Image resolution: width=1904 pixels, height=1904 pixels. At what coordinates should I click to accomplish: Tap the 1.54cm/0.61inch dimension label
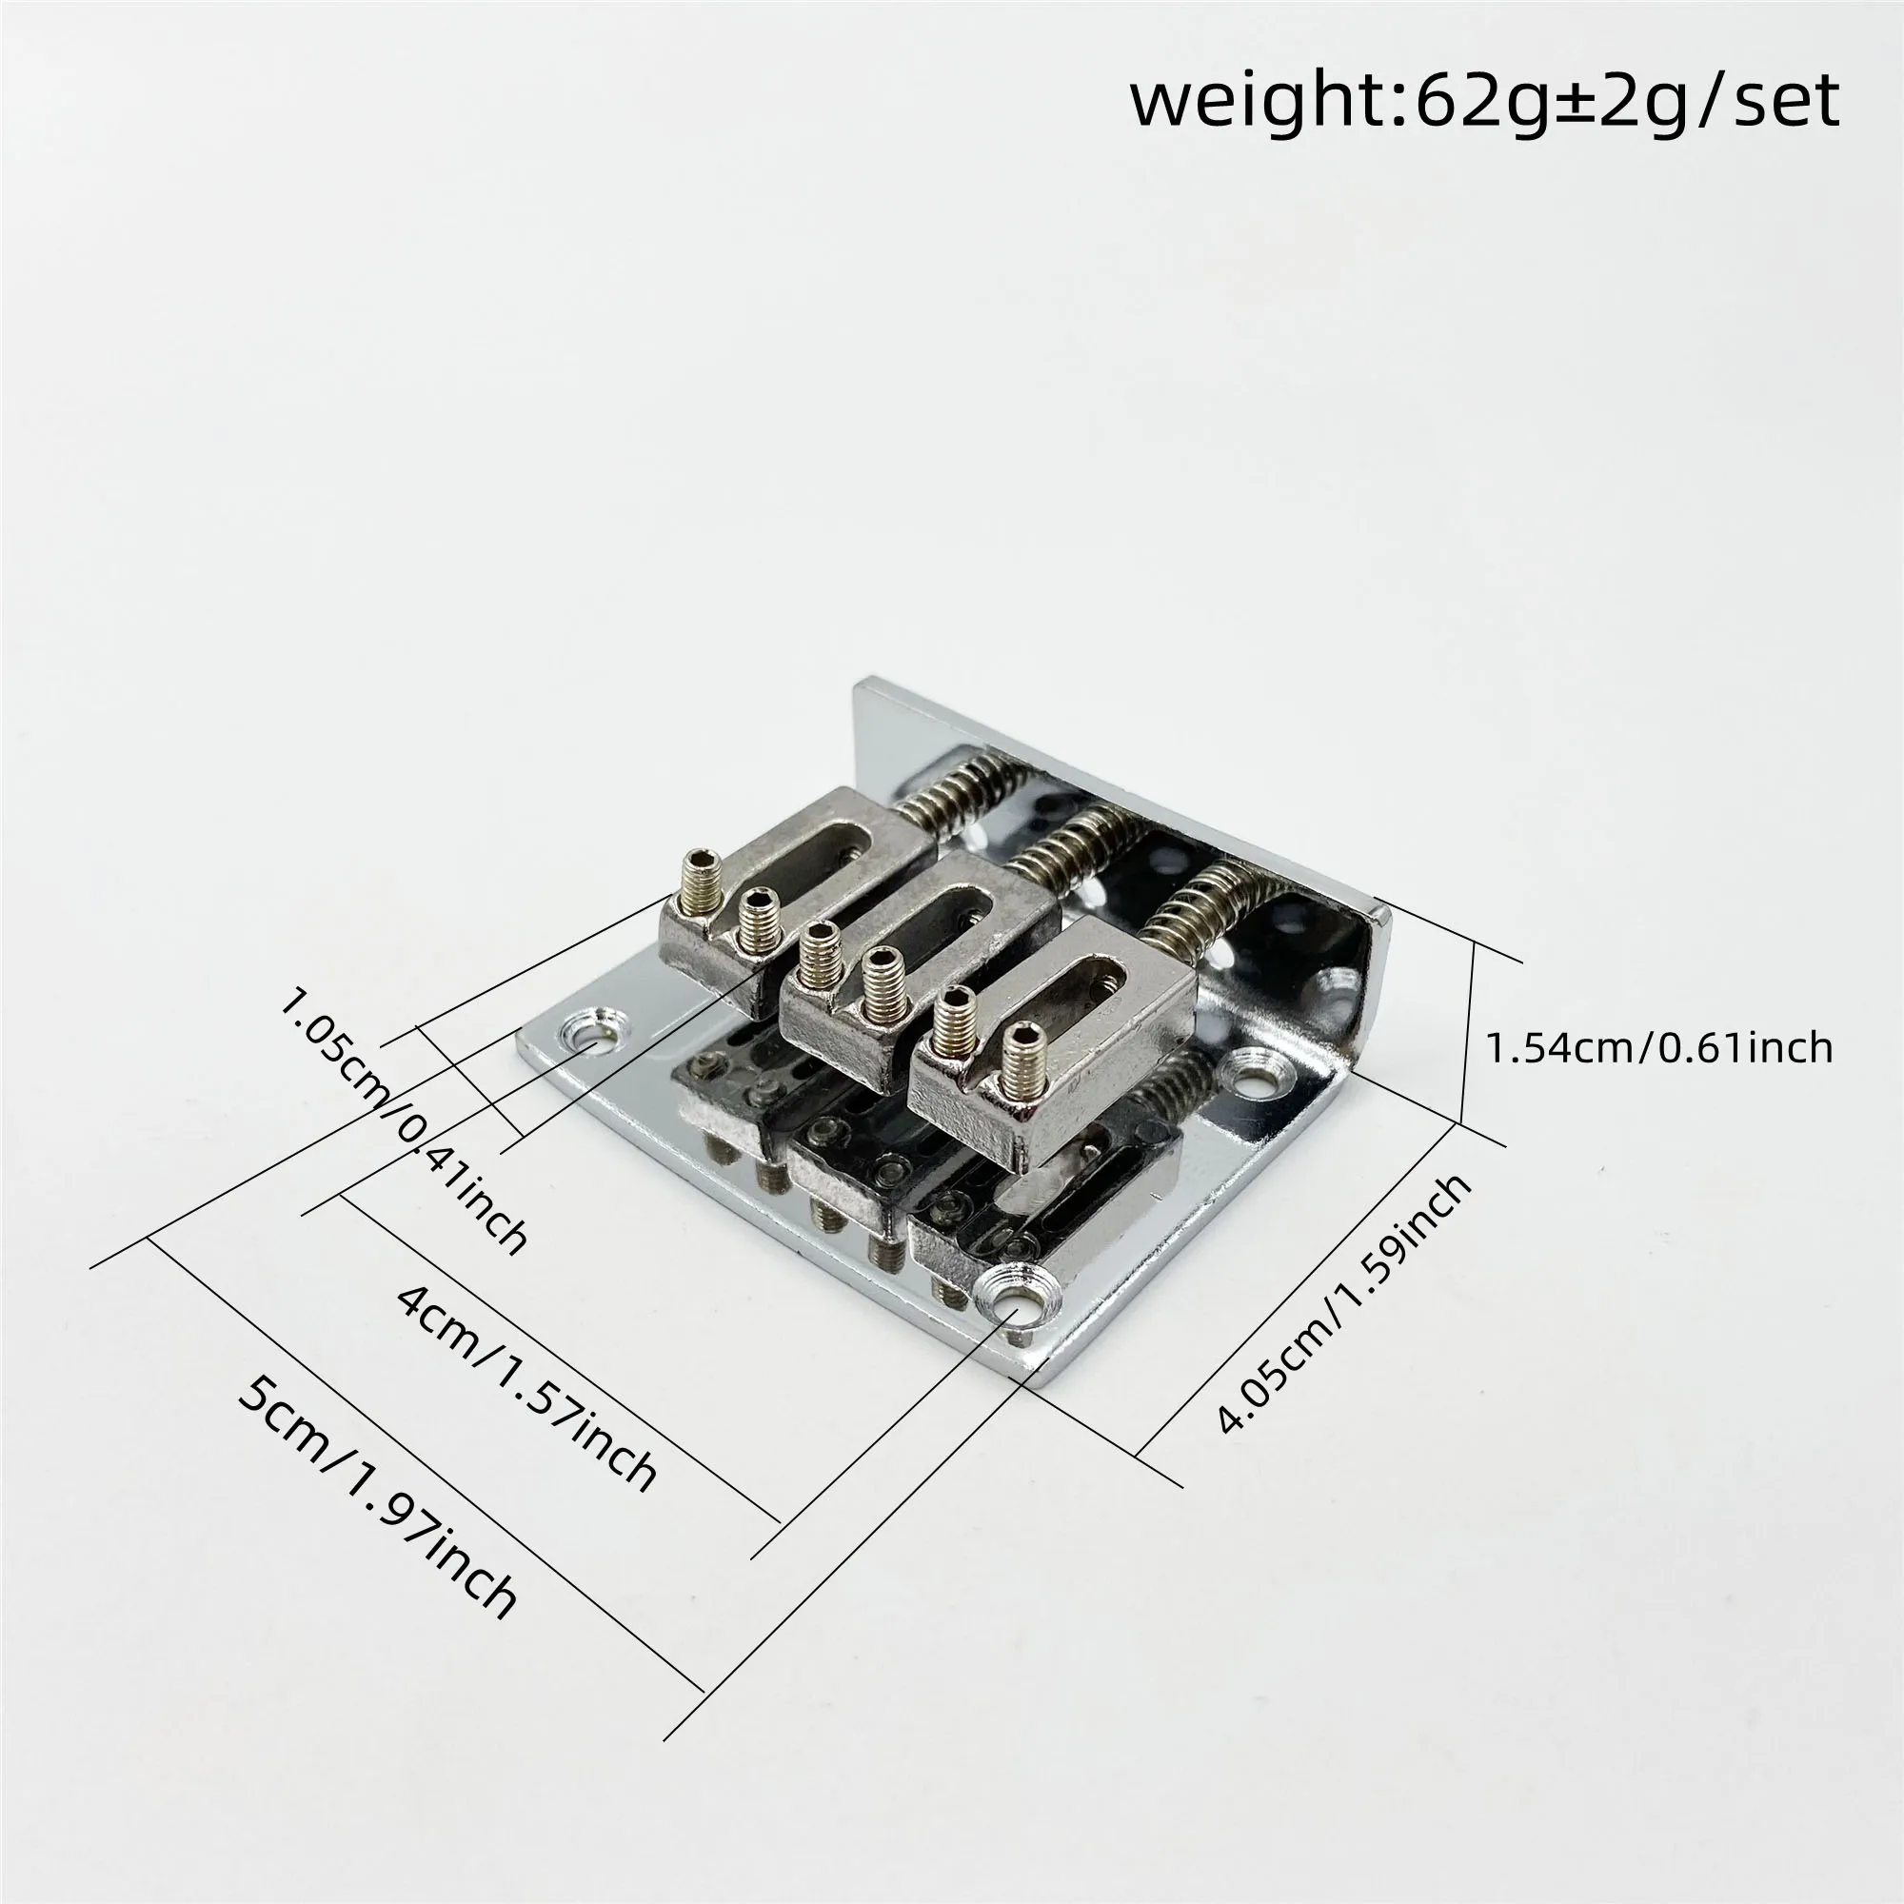click(x=1658, y=1047)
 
